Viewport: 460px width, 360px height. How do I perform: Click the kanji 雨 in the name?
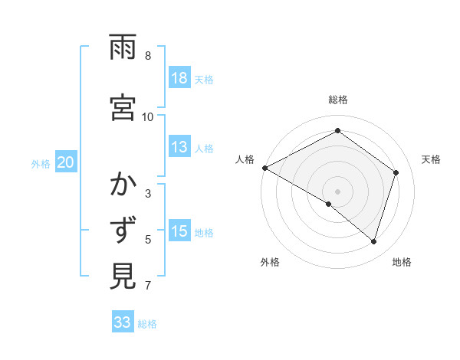123,48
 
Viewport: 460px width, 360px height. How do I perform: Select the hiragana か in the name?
123,184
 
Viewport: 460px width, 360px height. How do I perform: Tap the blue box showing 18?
179,78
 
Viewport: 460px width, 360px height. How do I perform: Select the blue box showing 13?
179,148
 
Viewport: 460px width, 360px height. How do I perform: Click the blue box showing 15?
179,232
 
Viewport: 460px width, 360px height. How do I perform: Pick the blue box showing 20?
66,162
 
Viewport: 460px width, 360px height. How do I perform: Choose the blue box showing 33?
123,322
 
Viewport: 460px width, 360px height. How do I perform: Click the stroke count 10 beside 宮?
148,116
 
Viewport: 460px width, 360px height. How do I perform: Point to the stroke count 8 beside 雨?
147,56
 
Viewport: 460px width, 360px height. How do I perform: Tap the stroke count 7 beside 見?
147,286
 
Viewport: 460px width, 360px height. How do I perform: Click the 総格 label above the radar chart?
337,100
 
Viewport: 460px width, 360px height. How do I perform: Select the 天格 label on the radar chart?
432,159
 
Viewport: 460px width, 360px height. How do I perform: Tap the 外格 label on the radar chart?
269,262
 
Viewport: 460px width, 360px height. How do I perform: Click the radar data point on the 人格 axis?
264,167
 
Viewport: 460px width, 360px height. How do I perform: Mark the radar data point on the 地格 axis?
374,241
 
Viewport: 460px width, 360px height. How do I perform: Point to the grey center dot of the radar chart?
337,191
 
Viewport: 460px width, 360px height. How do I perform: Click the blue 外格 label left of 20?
41,163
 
